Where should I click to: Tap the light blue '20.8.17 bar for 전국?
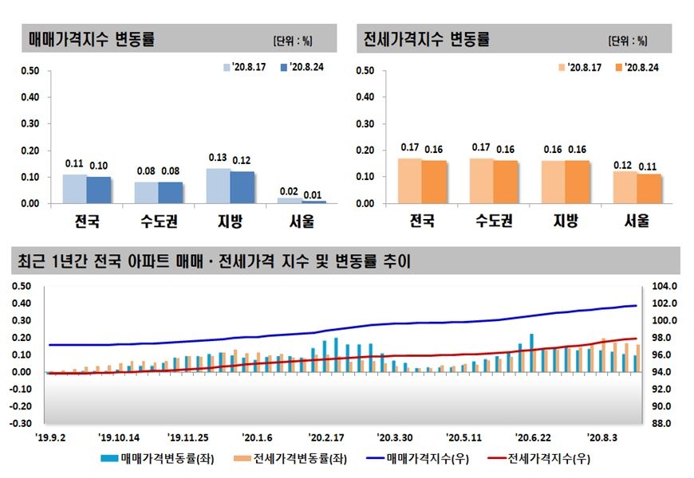[x=75, y=189]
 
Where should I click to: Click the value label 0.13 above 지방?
[x=219, y=158]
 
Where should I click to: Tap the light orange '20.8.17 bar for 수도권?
[x=482, y=181]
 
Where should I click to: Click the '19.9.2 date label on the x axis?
[x=51, y=437]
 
